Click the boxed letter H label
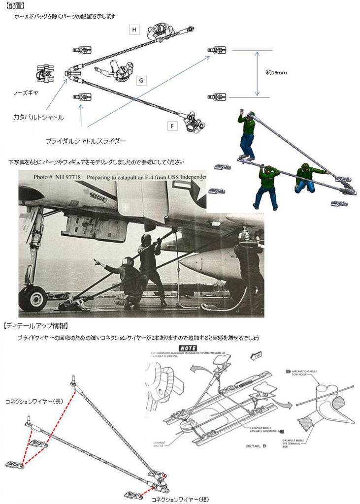[x=133, y=30]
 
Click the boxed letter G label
[x=141, y=80]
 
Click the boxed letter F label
[x=172, y=126]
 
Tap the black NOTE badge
[x=189, y=347]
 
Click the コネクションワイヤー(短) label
[x=180, y=499]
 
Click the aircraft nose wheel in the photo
[x=33, y=298]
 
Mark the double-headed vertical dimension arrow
[x=257, y=74]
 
